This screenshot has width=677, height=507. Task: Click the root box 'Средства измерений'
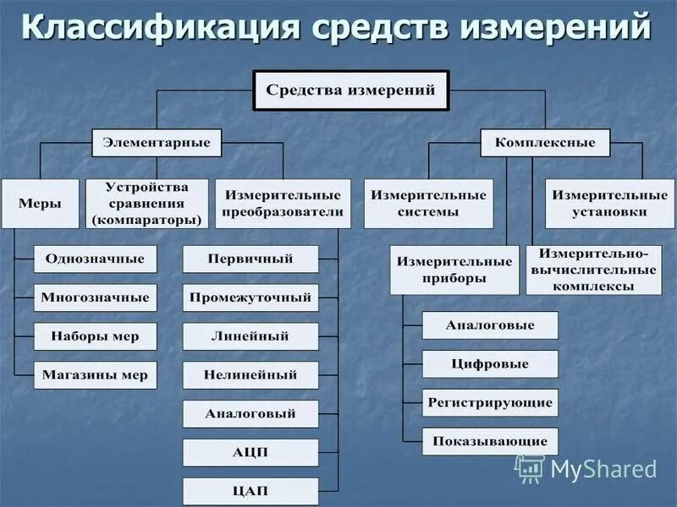click(x=351, y=90)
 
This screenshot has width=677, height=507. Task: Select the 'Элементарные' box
click(x=157, y=142)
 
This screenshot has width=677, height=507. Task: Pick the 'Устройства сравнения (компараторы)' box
click(x=146, y=203)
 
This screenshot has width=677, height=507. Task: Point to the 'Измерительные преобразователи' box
click(x=283, y=203)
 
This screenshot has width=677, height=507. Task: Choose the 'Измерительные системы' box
click(x=428, y=203)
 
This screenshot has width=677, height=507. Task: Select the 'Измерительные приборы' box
click(x=454, y=270)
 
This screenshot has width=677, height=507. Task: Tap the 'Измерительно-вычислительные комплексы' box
click(x=592, y=270)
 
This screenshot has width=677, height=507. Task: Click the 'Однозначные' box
click(x=95, y=259)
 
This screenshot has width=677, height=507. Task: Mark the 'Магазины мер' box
click(x=95, y=375)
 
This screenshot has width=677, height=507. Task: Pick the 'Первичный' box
click(x=250, y=259)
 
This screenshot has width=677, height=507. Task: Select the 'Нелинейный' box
click(x=250, y=375)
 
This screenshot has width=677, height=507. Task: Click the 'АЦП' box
click(x=250, y=453)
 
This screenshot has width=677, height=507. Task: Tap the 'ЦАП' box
click(x=250, y=491)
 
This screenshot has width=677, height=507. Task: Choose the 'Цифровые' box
click(x=490, y=364)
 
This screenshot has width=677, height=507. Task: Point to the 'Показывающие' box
click(x=490, y=441)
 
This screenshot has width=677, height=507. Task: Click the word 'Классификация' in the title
click(x=161, y=27)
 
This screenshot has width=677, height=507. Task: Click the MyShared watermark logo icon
click(x=530, y=468)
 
